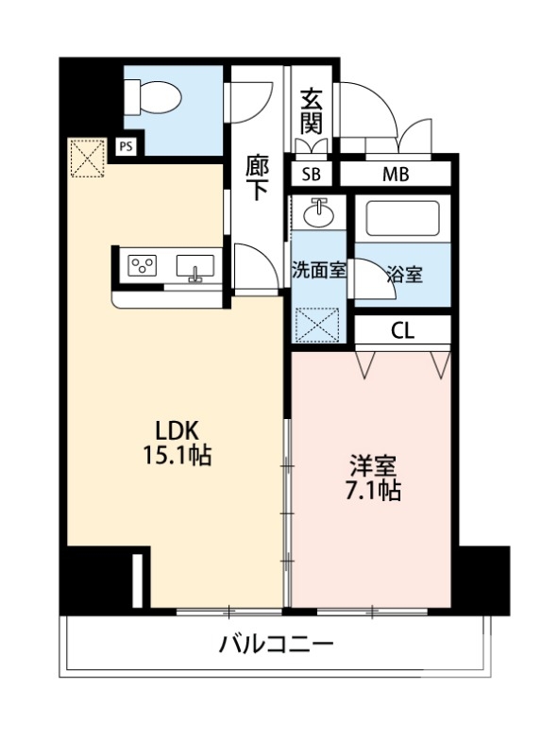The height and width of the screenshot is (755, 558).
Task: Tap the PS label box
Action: point(126,146)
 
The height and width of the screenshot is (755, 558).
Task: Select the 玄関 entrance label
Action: point(311,110)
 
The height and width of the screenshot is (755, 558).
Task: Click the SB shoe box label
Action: point(311,175)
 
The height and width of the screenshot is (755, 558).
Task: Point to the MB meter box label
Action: point(396,175)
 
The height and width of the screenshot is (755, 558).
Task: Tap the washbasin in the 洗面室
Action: point(319,212)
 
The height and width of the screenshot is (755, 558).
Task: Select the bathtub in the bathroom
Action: point(401,220)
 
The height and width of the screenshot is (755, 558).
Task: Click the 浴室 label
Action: point(404,275)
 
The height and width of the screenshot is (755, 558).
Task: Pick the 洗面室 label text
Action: point(319,268)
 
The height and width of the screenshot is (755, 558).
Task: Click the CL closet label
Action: point(402,330)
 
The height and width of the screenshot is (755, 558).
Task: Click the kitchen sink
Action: point(196,265)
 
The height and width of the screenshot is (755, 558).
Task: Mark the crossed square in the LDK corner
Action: point(87,158)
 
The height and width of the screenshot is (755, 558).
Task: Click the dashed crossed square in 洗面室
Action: point(318,325)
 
